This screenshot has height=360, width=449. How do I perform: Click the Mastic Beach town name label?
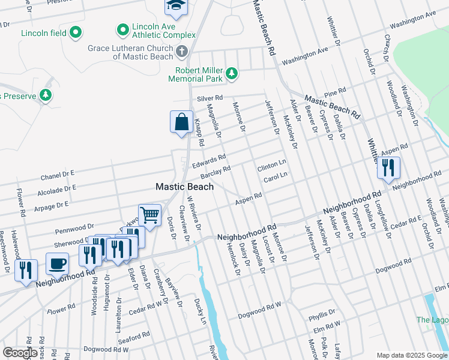pos(184,187)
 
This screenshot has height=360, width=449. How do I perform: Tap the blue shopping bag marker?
pos(181,122)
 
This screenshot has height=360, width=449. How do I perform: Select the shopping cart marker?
pos(149,214)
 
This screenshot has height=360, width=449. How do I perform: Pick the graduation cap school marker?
pos(176,5)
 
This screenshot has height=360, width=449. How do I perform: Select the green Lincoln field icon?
pos(76,32)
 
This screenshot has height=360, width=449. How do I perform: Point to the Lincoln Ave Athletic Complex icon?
pos(123,28)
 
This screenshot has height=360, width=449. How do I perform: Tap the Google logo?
pos(20,353)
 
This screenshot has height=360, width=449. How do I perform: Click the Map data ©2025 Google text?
pos(412,355)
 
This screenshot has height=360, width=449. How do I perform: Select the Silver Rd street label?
pos(209,98)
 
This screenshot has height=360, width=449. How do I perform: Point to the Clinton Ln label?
pos(272,163)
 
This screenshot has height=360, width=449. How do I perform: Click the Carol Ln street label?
pos(276,175)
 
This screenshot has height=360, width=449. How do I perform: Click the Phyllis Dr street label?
pos(322,314)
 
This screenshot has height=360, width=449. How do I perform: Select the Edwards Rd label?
pos(208,160)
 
